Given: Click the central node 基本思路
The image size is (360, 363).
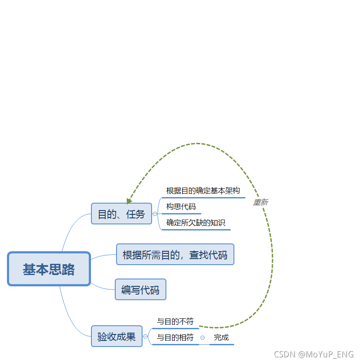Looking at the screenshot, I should (x=49, y=269).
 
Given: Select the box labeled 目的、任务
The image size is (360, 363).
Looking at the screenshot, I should (x=121, y=214).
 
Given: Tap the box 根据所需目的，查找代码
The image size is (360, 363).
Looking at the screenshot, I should (x=175, y=254).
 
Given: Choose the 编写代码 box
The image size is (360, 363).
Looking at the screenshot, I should (x=140, y=289).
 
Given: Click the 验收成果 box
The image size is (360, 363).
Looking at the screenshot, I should (x=117, y=336).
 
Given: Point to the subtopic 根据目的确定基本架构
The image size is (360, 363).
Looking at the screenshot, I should (x=203, y=191).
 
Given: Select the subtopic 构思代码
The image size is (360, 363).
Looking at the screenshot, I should (x=181, y=207).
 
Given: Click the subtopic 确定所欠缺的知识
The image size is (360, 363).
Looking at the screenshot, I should (x=196, y=223).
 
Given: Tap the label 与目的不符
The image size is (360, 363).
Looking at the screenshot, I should (x=175, y=321).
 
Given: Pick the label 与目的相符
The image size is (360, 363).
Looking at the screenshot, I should (x=175, y=337).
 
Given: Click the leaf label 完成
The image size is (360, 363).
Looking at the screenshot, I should (x=221, y=337).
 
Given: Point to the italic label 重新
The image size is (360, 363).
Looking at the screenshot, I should (x=260, y=202).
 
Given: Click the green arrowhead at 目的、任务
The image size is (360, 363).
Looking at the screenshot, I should (x=129, y=201).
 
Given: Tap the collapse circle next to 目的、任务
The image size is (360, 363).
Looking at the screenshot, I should (x=155, y=214).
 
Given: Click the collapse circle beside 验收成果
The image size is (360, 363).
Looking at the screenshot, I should (x=145, y=337).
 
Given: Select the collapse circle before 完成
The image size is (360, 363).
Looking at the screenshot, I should (x=202, y=337).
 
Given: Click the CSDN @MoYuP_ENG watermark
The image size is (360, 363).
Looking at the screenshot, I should (x=314, y=354).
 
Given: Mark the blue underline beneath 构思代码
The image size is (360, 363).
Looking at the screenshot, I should (x=181, y=214).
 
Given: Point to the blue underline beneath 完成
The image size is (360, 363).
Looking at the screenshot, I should (x=222, y=344).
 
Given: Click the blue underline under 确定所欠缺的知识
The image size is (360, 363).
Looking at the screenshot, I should (x=196, y=230).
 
